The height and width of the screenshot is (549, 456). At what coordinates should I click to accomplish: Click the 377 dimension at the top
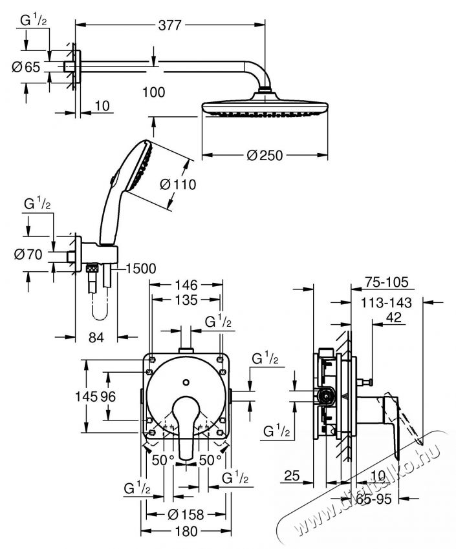tap(170, 25)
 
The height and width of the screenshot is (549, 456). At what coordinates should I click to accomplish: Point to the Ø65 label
tap(27, 66)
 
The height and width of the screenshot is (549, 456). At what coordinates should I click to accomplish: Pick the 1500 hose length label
tap(142, 268)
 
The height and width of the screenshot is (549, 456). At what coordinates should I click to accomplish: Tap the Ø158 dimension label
tap(186, 515)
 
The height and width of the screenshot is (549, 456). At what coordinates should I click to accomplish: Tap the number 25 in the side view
tap(292, 477)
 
